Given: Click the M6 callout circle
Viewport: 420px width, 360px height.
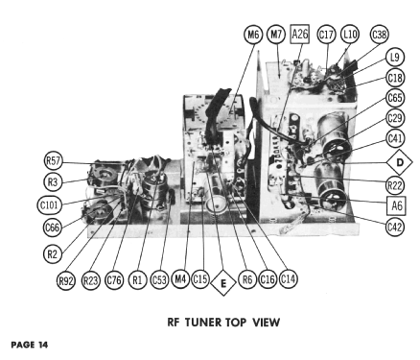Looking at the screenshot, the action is (253, 34).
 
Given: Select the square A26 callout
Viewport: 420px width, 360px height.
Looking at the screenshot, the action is (300, 34).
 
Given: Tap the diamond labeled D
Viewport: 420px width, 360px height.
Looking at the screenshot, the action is (400, 162).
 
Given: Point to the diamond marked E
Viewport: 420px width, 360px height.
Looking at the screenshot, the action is (223, 283).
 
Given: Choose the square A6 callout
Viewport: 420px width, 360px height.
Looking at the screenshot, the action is (396, 205).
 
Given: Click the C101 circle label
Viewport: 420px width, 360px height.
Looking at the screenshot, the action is (49, 204).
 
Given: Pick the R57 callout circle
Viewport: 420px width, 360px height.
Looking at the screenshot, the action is (53, 160).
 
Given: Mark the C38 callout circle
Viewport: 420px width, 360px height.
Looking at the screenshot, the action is (380, 34).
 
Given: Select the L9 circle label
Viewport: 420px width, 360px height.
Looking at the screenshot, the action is (395, 58).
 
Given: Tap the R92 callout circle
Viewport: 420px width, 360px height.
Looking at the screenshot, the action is (66, 280).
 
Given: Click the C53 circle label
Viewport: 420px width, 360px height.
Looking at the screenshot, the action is (159, 280).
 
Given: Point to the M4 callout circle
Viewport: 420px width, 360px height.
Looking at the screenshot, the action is (180, 279).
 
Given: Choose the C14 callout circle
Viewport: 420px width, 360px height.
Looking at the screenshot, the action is (288, 279).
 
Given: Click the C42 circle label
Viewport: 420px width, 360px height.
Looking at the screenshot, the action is (395, 227).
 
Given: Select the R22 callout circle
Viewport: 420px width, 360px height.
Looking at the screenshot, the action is (395, 185).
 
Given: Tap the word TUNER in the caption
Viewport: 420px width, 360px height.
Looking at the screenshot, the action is (203, 323).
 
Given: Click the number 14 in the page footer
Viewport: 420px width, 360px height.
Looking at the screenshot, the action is (43, 345).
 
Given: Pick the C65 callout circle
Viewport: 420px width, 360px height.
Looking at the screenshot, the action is (395, 98).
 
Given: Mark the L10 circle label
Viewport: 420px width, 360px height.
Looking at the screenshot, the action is (350, 34).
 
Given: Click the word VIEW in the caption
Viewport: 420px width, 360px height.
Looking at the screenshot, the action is (266, 323).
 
